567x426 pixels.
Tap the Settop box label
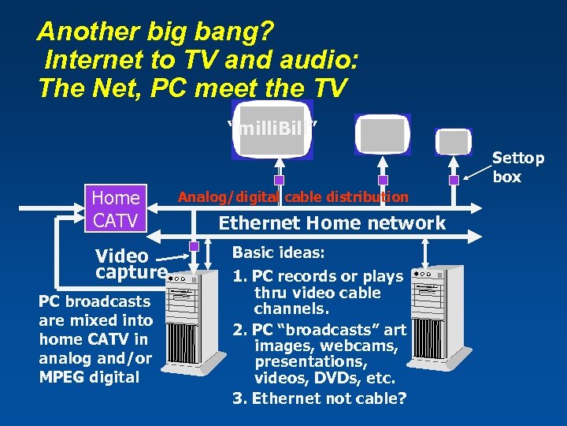[x=517, y=167]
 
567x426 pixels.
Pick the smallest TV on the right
[x=454, y=141]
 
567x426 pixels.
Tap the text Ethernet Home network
[x=332, y=223]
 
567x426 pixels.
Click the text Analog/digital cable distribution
[x=293, y=196]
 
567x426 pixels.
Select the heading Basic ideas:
[x=279, y=253]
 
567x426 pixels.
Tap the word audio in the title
[x=315, y=60]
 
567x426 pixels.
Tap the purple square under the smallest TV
[x=454, y=180]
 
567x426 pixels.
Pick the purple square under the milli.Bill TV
[x=279, y=180]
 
